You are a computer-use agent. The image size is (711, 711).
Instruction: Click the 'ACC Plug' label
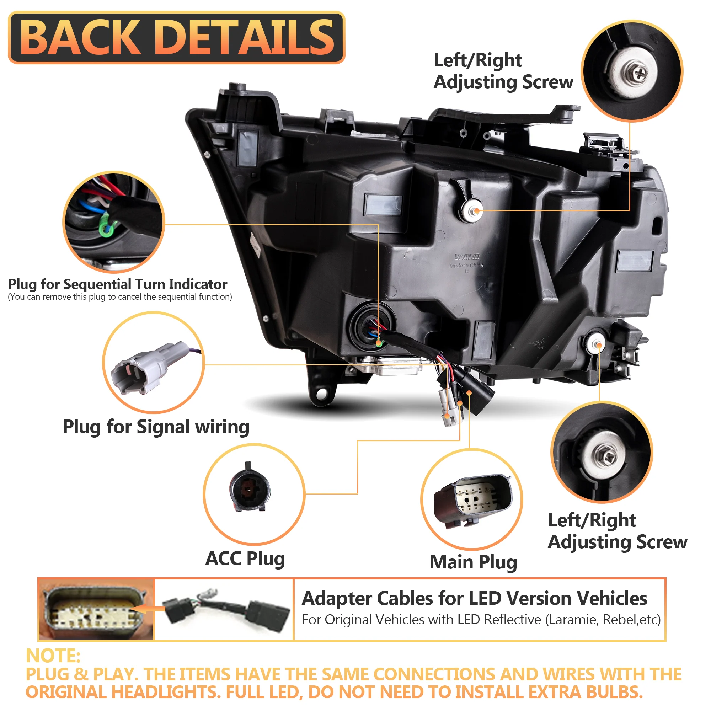[x=245, y=558]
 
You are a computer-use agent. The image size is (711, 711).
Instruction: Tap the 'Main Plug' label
[x=473, y=562]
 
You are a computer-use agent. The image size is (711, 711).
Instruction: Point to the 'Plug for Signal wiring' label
[x=156, y=427]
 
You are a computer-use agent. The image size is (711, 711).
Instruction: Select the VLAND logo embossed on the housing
[x=467, y=257]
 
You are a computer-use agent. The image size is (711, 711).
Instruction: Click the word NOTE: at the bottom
[x=53, y=656]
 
